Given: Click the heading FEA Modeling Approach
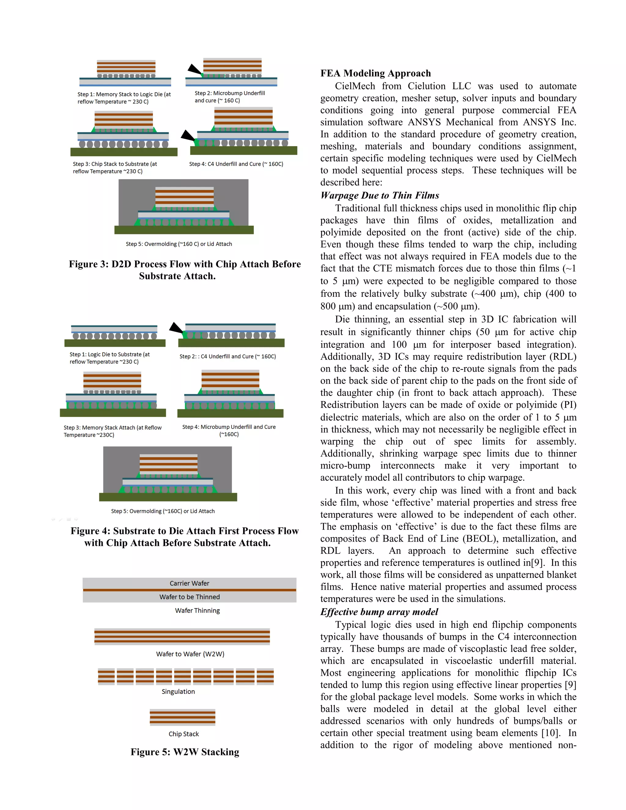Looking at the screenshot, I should [x=375, y=73].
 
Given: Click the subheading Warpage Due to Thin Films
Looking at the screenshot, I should [x=379, y=195].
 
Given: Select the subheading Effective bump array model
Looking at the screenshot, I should [x=379, y=612].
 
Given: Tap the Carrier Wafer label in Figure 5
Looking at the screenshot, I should [x=189, y=584].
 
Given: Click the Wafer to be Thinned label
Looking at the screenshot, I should [x=190, y=597].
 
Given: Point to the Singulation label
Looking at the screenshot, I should [x=178, y=691].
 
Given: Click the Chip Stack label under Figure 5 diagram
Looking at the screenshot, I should [x=184, y=734].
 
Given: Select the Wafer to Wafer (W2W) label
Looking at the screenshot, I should [x=190, y=654].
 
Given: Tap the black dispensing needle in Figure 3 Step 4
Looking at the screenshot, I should [x=188, y=136].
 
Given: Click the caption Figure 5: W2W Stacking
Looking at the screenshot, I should [x=185, y=752].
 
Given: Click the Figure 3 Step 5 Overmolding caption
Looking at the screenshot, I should [x=179, y=244].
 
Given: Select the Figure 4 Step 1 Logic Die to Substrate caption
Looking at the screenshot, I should [x=109, y=358].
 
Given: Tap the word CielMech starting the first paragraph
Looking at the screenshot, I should [x=355, y=86].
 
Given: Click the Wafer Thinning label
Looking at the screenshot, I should [x=197, y=610].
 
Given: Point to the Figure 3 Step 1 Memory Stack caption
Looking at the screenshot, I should [x=124, y=98].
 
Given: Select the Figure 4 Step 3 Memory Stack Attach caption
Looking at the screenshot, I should [x=112, y=431].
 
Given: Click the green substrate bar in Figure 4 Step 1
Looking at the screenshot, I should [x=115, y=343].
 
